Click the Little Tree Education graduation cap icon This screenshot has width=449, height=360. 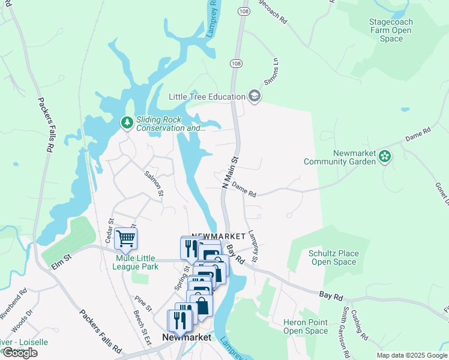(x=255, y=97)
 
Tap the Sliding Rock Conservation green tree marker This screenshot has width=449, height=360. (x=127, y=123)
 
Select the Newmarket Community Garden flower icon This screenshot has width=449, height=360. (x=385, y=157)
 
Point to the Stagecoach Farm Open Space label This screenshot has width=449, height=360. (x=391, y=30)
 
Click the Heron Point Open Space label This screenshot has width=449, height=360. (x=306, y=326)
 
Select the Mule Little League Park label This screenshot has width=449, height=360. (x=137, y=262)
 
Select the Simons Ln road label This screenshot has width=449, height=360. (x=271, y=72)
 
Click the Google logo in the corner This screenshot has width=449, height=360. (x=20, y=353)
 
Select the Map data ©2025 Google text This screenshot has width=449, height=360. (x=412, y=355)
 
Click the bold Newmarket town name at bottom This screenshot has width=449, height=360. (x=187, y=338)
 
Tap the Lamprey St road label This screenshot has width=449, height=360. (x=253, y=246)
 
